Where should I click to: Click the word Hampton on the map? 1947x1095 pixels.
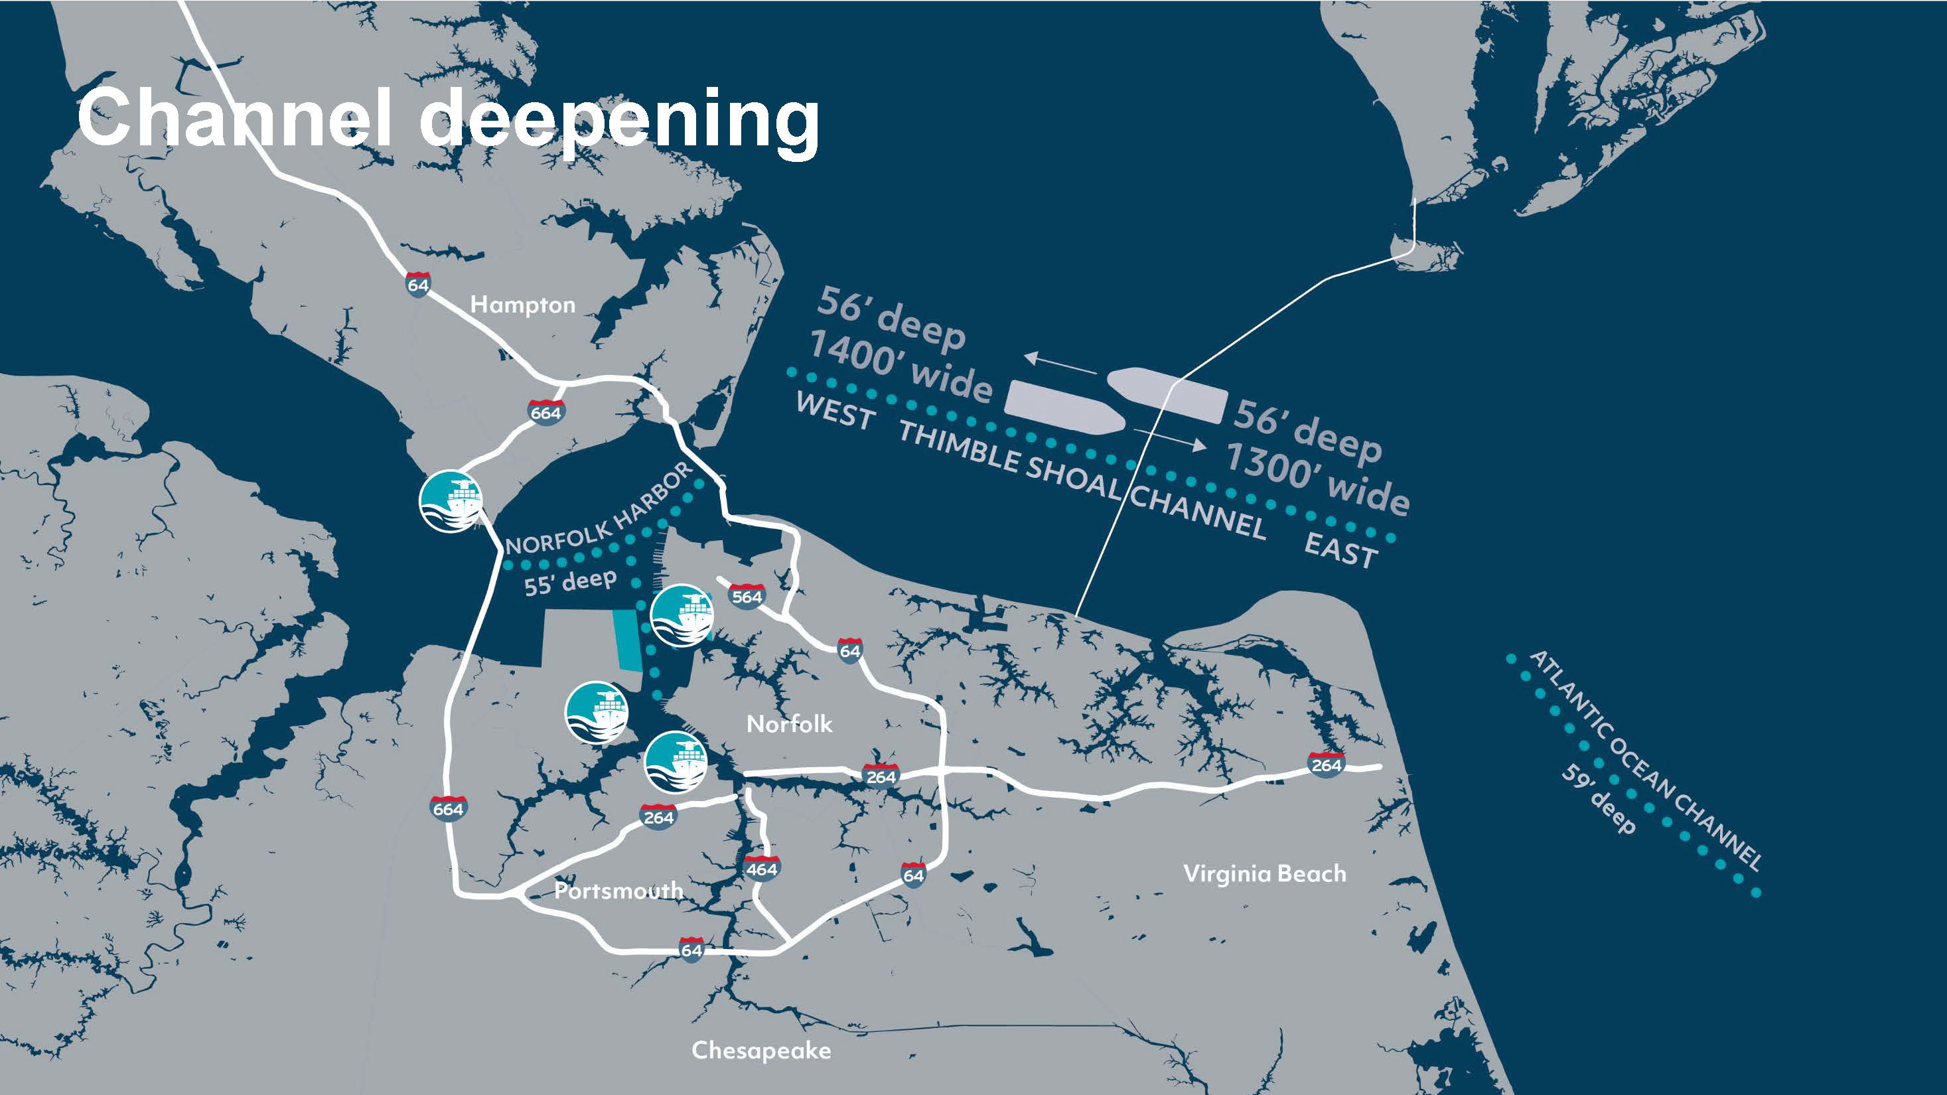[522, 305]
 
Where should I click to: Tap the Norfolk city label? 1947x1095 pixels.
[789, 724]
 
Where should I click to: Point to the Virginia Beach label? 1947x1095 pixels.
[1265, 873]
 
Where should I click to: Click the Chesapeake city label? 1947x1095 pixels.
[761, 1050]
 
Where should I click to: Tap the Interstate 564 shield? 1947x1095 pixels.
[747, 596]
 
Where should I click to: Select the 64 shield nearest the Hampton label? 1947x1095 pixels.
[418, 284]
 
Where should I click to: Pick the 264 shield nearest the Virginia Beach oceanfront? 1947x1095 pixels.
[1326, 764]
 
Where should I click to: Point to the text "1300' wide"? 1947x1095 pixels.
[1317, 478]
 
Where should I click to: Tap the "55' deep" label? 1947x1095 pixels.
[571, 582]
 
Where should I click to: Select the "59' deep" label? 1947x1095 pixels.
[1599, 799]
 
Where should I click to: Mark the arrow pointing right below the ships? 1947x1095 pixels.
[1169, 440]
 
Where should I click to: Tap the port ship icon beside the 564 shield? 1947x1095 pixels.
[682, 615]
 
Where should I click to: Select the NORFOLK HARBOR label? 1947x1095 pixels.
[599, 511]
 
